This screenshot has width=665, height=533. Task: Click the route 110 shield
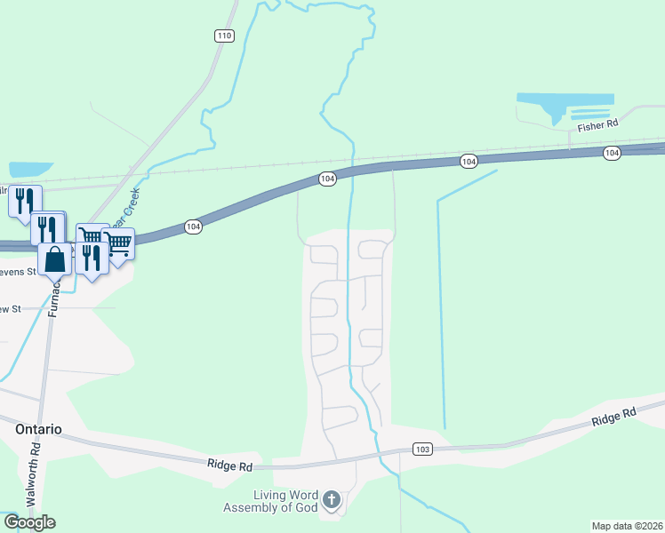[x=223, y=36]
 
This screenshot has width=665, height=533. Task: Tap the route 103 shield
[x=422, y=449]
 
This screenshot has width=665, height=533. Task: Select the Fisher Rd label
[x=597, y=126]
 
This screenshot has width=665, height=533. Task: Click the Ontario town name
[x=39, y=429]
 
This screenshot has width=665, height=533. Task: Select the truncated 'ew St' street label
[x=10, y=309]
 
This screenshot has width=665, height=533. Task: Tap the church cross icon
[x=332, y=500]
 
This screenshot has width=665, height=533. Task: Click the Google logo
[x=28, y=522]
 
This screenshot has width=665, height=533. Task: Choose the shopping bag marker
[x=54, y=259]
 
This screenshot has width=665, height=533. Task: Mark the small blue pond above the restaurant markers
[x=31, y=169]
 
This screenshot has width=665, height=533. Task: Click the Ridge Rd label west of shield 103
[x=230, y=465]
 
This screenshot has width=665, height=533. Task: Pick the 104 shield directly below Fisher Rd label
[x=612, y=154]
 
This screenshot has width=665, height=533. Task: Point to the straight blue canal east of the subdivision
[x=440, y=311]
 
